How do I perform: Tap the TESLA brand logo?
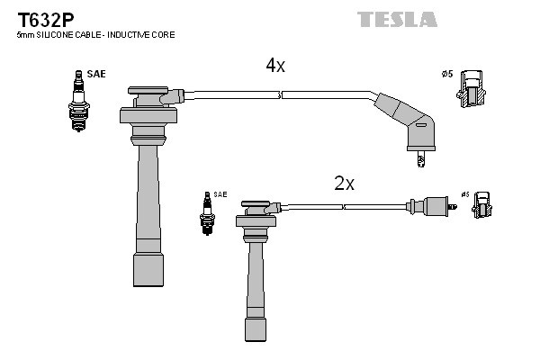coord(397,19)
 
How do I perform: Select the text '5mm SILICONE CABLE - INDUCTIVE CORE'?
coord(95,35)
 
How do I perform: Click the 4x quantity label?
coord(274,66)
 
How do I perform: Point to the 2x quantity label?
coord(344,184)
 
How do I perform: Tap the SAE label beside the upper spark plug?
coord(96,74)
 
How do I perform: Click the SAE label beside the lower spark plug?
coord(220,194)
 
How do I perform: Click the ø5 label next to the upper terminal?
coord(446,74)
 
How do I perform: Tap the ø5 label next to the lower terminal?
coord(464,194)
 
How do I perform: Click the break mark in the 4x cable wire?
coord(281,93)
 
